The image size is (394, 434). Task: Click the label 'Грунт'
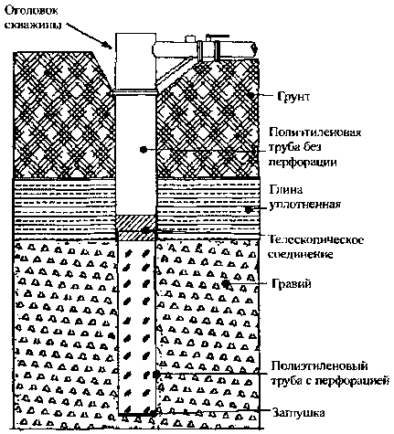tap(293, 97)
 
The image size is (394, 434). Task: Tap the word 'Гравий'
tap(292, 284)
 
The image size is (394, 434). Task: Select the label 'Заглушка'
tap(298, 413)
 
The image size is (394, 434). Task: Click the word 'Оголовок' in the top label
tap(31, 10)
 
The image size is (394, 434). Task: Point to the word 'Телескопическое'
tap(316, 240)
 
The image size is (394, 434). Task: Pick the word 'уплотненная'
tap(304, 204)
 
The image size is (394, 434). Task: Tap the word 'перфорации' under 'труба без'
tap(303, 162)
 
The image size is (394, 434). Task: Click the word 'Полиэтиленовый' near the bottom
tap(319, 365)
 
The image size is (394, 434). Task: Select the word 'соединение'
tap(300, 254)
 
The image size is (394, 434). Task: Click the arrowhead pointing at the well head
tap(108, 45)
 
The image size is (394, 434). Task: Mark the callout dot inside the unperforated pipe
tap(144, 149)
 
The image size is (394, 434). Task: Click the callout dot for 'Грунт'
tap(251, 95)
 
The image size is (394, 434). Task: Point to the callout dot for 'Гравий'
tap(226, 284)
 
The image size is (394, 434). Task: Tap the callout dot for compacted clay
tap(249, 209)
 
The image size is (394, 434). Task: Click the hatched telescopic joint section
tap(136, 228)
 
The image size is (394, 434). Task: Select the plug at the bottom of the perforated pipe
tap(137, 414)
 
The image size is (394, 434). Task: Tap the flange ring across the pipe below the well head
tap(135, 92)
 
